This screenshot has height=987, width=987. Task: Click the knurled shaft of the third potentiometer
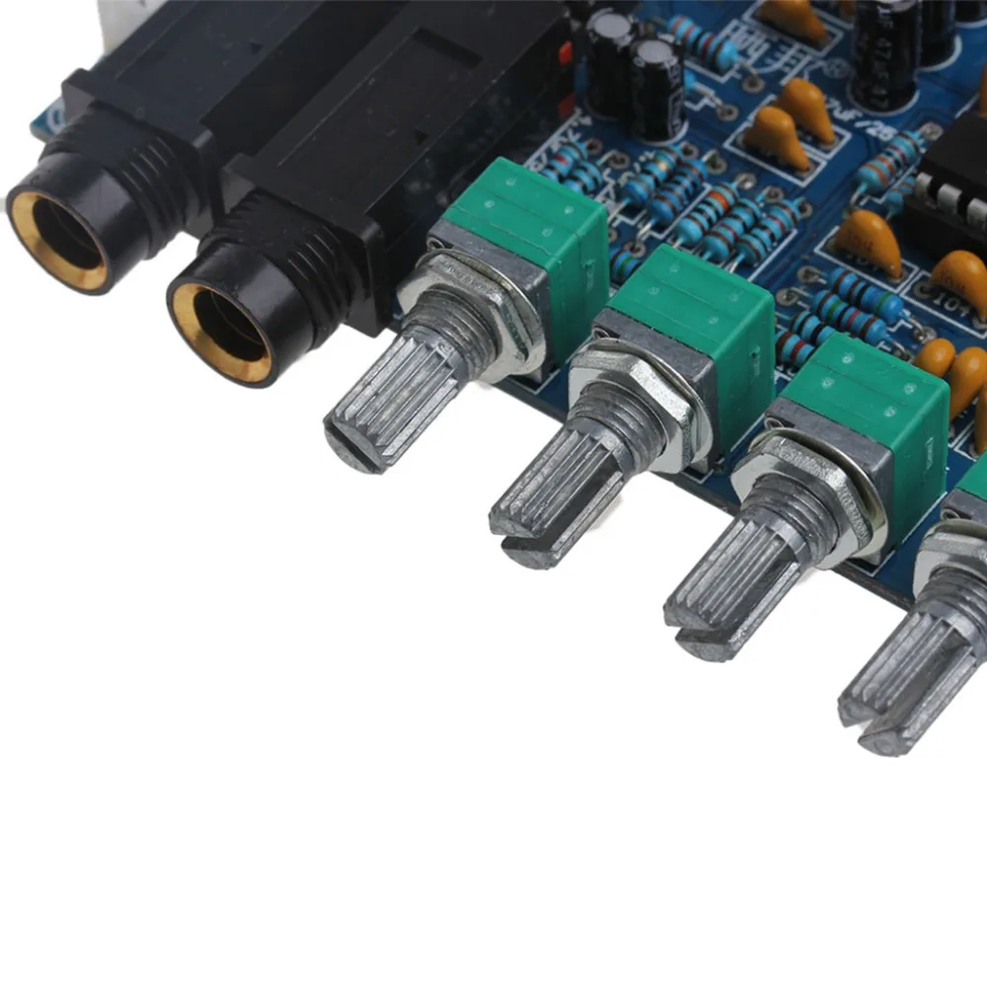point(730,582)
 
